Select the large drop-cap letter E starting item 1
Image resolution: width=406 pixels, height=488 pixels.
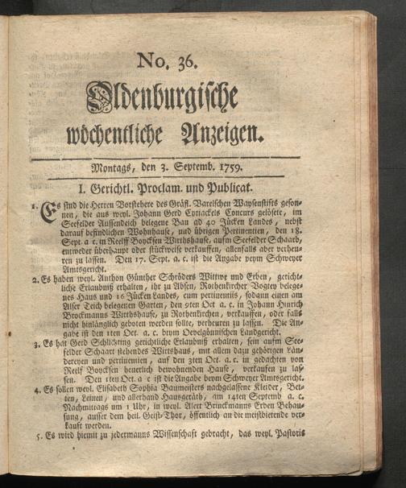(x=47, y=211)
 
